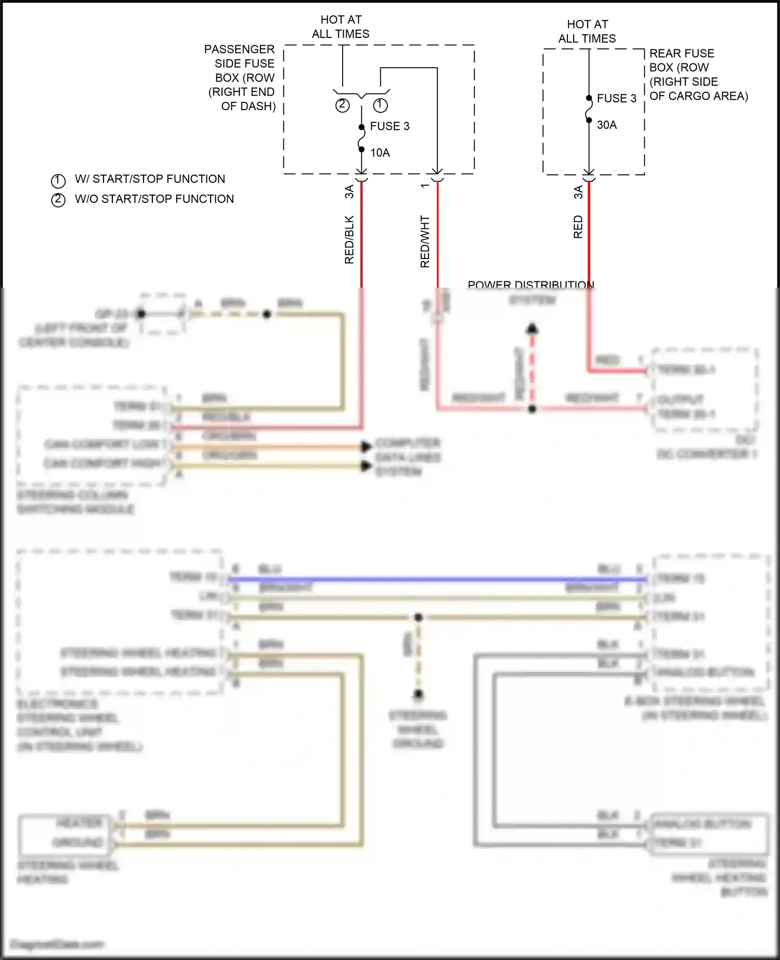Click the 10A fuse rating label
tap(380, 152)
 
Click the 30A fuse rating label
tap(606, 125)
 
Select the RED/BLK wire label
tap(349, 240)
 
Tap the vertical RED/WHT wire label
tap(425, 242)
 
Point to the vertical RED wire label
tap(578, 227)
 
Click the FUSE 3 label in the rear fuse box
tap(616, 98)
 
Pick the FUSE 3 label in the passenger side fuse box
tap(389, 126)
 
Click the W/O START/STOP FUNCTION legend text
tap(154, 199)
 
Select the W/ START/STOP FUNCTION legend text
tap(150, 179)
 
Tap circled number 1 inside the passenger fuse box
tap(381, 106)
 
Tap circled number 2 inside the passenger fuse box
tap(342, 106)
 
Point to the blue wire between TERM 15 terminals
tap(437, 579)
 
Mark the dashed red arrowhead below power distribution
tap(532, 329)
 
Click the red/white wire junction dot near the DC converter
tap(532, 409)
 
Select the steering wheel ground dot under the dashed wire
tap(419, 694)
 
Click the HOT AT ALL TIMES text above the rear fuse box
tap(587, 31)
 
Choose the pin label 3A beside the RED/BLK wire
tap(349, 191)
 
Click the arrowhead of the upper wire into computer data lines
tap(367, 446)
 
